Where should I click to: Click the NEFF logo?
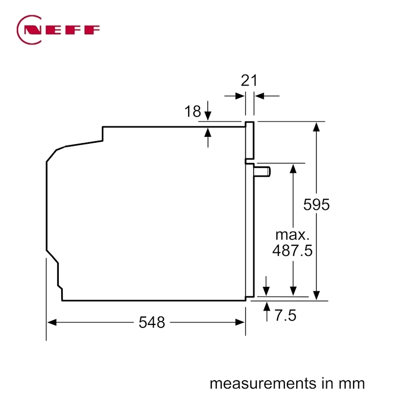58,30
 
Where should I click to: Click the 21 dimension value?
249,80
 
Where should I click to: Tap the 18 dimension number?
193,112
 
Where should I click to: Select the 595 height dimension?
316,204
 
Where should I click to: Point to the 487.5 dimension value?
292,250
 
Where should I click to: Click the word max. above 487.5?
292,235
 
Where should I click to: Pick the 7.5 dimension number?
286,316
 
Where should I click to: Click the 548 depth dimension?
152,322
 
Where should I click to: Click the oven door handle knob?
262,171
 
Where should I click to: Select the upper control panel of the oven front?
250,140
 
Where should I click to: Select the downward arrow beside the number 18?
208,111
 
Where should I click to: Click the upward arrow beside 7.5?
267,312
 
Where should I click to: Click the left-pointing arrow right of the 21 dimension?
267,96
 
